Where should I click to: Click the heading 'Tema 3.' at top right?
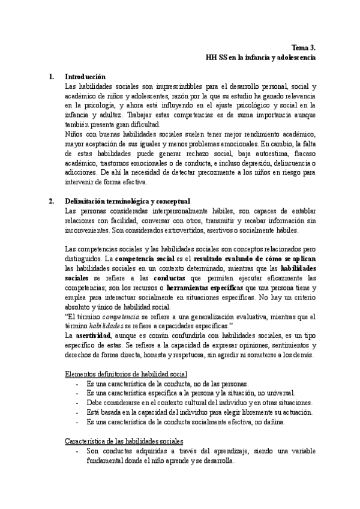pyautogui.click(x=304, y=47)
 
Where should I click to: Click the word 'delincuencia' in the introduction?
pyautogui.click(x=290, y=163)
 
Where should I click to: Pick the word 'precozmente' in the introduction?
pyautogui.click(x=190, y=173)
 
